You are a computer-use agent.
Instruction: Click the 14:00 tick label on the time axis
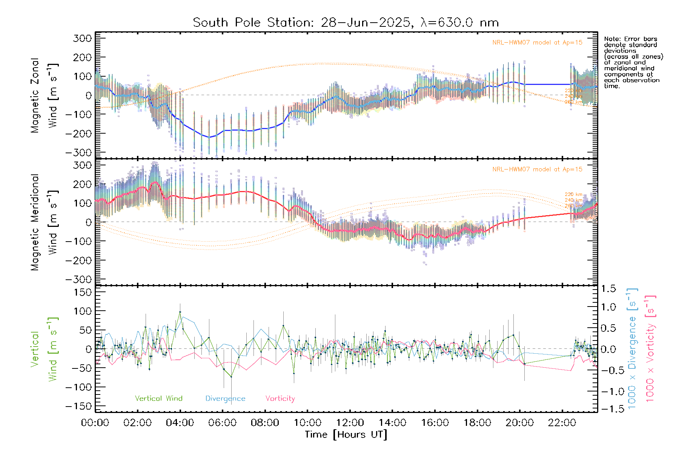[392, 423]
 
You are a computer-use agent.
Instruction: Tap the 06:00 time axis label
[223, 423]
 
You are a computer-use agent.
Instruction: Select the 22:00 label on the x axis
[562, 423]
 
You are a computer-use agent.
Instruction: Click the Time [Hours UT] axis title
[346, 435]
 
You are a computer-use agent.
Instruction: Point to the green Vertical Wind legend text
[158, 399]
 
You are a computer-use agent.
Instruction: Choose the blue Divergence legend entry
[225, 399]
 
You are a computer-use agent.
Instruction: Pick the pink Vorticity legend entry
[280, 399]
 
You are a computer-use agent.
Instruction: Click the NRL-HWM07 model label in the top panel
[537, 43]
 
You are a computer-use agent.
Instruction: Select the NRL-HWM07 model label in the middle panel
[537, 169]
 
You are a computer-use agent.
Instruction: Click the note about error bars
[633, 62]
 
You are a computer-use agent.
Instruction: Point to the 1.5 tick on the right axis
[608, 289]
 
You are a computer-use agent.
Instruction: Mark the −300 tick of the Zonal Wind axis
[78, 153]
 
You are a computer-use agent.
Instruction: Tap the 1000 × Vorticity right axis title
[650, 348]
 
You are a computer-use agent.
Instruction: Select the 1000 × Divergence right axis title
[632, 348]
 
